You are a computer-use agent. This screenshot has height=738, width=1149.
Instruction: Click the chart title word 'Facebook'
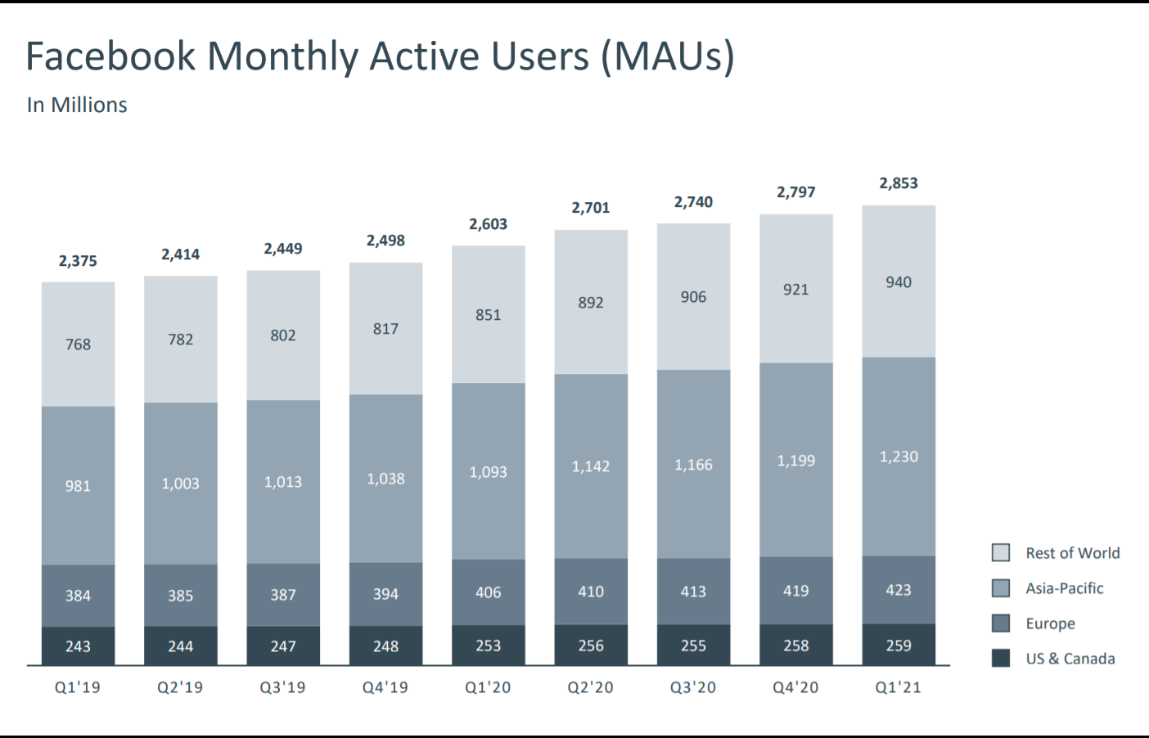coord(110,56)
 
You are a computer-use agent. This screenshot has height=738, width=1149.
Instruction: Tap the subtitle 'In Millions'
coord(77,106)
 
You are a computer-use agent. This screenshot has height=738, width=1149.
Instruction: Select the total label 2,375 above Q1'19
coord(78,261)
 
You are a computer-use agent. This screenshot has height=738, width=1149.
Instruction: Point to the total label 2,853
coord(899,183)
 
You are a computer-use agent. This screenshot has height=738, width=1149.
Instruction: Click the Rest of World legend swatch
coord(1001,552)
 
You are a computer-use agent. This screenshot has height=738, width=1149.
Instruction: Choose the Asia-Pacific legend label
coord(1064,588)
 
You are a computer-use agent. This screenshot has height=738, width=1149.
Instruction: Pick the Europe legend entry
coord(1050,623)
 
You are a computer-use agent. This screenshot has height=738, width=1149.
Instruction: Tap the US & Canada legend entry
coord(1070,659)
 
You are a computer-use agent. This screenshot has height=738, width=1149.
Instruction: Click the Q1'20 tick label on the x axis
coord(488,687)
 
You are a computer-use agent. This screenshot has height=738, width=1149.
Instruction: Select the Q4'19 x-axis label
coord(385,687)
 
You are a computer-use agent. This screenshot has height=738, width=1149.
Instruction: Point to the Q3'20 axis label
coord(693,687)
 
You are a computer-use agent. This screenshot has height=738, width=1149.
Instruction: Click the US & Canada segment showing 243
coord(78,646)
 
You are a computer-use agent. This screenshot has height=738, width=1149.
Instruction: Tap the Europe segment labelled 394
coord(385,594)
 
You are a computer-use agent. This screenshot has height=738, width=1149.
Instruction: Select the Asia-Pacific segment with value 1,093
coord(489,472)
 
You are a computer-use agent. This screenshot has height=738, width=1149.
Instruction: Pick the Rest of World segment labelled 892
coord(591,303)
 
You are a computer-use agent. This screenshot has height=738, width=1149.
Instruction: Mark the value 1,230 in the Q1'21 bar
coord(899,457)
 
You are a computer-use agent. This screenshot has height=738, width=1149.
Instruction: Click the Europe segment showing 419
coord(796,591)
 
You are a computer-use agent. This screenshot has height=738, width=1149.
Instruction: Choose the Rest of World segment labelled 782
coord(181,340)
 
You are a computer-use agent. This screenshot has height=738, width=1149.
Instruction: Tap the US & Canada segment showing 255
coord(693,646)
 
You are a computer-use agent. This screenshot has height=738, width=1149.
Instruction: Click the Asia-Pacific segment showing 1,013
coord(283,482)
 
